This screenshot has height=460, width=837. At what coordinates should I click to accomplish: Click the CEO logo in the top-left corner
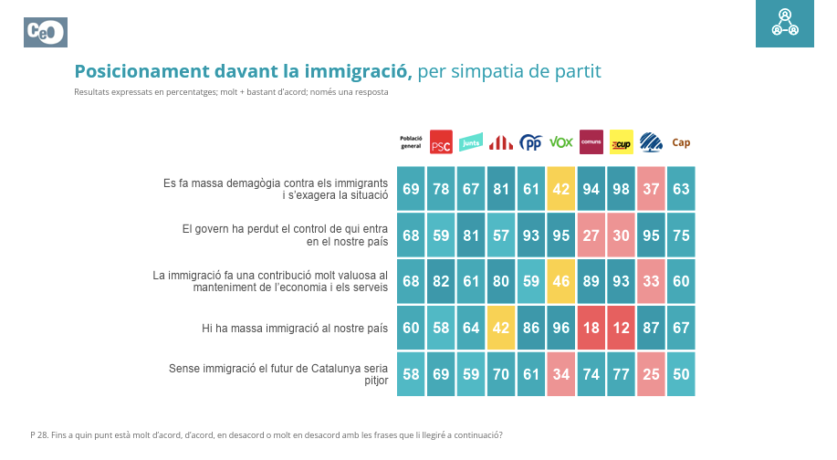[x=46, y=32]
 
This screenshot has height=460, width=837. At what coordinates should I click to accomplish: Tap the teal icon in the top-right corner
[x=785, y=24]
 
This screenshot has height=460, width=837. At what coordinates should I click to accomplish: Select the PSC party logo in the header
[x=441, y=142]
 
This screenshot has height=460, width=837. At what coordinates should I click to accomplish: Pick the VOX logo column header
[x=560, y=142]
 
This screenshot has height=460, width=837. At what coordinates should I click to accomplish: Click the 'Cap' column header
[x=681, y=142]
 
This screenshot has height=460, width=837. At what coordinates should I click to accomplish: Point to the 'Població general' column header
[x=411, y=142]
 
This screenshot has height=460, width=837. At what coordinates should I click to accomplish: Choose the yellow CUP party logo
[x=621, y=142]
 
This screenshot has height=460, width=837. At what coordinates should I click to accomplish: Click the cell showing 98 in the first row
[x=621, y=189]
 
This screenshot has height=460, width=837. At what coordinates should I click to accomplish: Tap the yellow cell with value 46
[x=560, y=281]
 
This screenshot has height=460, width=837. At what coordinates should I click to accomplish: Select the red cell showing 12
[x=621, y=328]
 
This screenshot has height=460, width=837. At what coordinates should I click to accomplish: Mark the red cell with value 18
[x=591, y=328]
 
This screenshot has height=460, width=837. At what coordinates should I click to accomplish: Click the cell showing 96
[x=560, y=328]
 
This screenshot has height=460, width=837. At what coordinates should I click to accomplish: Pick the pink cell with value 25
[x=651, y=374]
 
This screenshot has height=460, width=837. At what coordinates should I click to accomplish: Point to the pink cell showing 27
[x=591, y=235]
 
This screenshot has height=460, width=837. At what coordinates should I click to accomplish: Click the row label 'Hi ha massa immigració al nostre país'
[x=295, y=328]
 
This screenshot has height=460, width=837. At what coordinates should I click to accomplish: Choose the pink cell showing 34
[x=560, y=374]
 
